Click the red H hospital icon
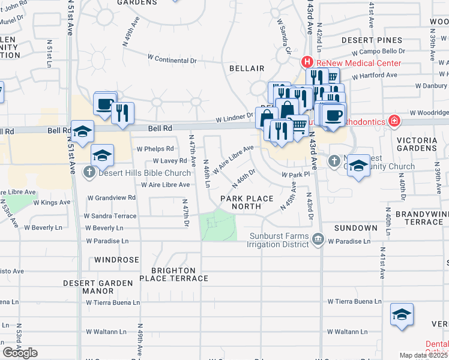tap(307, 62)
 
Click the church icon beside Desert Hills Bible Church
tap(89, 173)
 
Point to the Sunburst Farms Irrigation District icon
tap(318, 241)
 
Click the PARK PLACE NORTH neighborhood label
tap(246, 202)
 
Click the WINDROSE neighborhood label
tap(116, 260)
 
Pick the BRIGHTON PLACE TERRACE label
tap(174, 275)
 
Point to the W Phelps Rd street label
tap(155, 149)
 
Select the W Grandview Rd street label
tap(112, 197)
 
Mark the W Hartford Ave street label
tap(375, 76)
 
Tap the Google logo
tap(20, 352)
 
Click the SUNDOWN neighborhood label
tap(355, 228)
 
